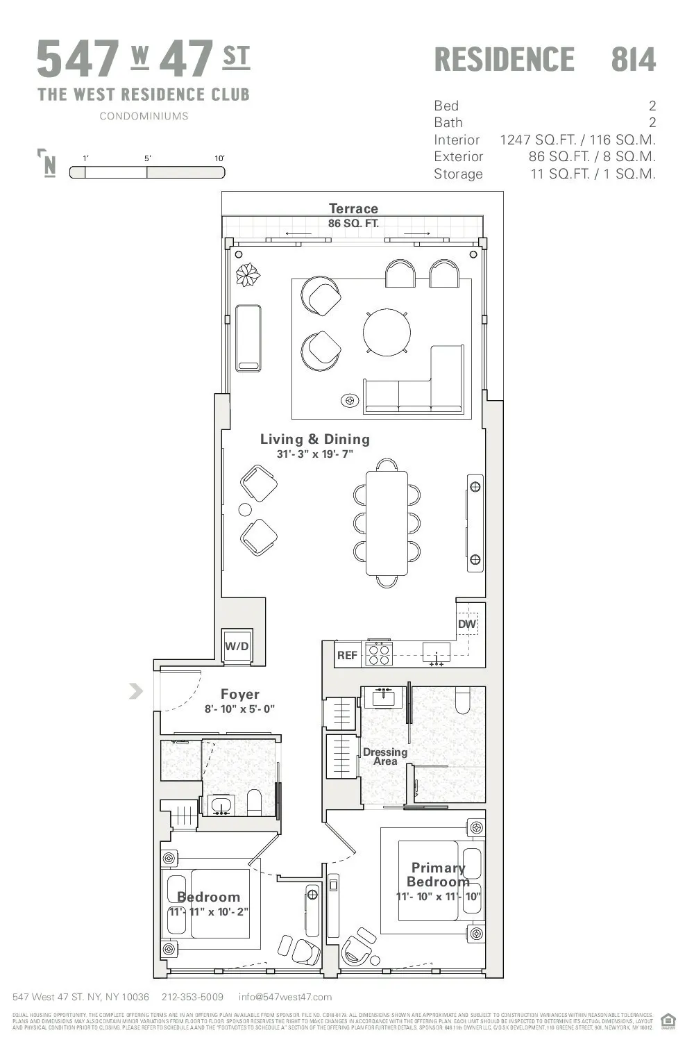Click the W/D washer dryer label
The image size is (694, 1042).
coord(237,646)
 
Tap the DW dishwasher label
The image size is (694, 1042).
coord(467,624)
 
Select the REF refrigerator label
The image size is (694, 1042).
coord(347,655)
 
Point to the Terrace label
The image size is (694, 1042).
coord(353,208)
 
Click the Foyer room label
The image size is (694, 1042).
coord(239,694)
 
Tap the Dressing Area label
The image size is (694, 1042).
coord(385,756)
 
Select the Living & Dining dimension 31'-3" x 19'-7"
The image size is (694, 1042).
coord(314,454)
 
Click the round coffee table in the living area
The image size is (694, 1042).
coord(387,332)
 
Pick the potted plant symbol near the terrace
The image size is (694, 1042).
coord(247,274)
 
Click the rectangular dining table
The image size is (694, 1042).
coord(387,523)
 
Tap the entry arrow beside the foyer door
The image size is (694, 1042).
coord(136,690)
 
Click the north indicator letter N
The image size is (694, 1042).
coord(49,166)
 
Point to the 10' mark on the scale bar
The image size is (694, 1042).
coord(219,158)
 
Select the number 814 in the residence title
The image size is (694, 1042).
coord(633,60)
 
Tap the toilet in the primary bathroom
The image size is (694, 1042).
coord(463,700)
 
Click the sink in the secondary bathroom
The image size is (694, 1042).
coord(221,806)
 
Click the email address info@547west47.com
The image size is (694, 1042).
coord(285,997)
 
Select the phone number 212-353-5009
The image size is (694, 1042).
coord(192,997)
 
